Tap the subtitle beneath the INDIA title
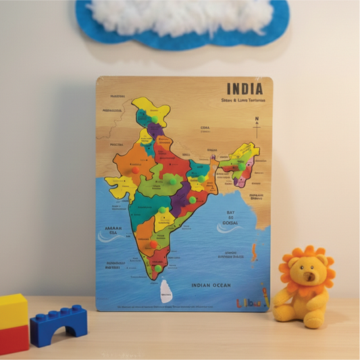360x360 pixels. (x=242, y=100)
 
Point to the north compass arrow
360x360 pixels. (x=257, y=122)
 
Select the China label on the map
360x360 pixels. (x=205, y=127)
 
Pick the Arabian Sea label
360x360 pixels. (x=113, y=232)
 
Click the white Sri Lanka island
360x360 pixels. (x=165, y=291)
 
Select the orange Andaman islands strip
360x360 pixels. (x=254, y=253)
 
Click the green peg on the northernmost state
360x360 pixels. (x=155, y=120)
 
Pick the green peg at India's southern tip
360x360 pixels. (x=158, y=268)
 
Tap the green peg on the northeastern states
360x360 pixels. (x=237, y=163)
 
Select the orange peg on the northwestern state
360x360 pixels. (x=134, y=170)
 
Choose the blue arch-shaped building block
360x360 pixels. (x=59, y=324)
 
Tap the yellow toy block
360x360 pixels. (x=13, y=310)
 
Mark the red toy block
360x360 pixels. (x=14, y=339)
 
